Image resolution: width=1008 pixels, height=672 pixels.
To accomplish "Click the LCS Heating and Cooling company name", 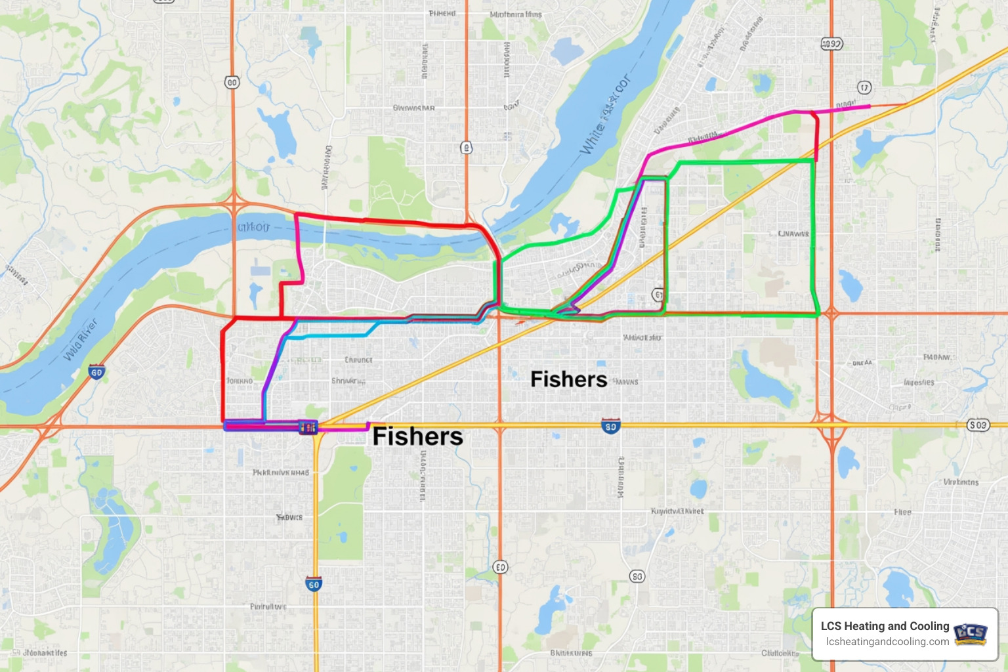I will [885, 626].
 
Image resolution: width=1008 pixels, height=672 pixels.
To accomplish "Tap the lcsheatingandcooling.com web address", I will [887, 642].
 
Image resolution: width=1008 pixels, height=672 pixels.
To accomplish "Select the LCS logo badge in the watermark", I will [970, 633].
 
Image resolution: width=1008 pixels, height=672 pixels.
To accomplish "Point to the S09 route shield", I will [978, 425].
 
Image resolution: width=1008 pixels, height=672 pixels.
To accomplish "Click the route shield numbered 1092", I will [831, 44].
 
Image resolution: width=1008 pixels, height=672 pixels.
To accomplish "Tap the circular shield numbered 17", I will [864, 88].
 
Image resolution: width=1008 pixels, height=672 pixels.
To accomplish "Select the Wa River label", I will [80, 339].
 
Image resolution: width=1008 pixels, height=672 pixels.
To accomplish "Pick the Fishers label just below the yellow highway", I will [417, 437].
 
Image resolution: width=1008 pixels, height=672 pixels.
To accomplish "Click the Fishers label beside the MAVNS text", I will [568, 379].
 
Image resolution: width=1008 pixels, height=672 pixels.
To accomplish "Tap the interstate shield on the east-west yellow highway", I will [610, 427].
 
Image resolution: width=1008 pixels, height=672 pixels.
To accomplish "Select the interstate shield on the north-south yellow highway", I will [314, 584].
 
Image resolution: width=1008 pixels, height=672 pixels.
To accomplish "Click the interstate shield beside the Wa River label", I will [96, 372].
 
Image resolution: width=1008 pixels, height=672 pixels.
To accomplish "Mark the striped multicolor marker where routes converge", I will [307, 427].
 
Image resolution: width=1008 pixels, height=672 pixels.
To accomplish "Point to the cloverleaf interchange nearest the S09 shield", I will [831, 420].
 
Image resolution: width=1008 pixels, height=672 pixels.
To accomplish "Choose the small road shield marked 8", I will [466, 148].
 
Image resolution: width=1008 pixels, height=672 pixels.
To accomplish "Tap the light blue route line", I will [328, 336].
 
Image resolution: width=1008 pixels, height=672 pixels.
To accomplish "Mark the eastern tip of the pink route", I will [869, 106].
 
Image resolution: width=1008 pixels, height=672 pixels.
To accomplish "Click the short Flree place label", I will [902, 512].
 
